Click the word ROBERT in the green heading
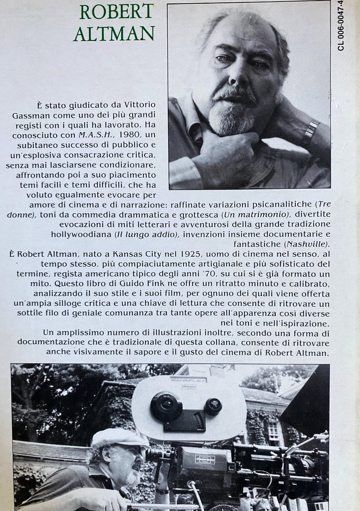[x=117, y=12]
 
